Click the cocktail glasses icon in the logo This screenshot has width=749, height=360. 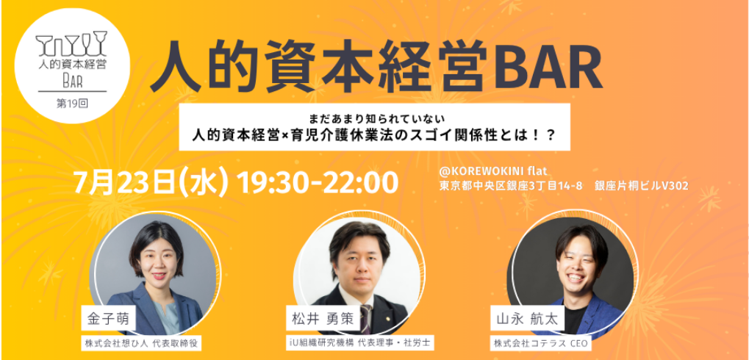pyautogui.click(x=71, y=43)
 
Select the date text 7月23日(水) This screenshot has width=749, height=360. pyautogui.click(x=151, y=182)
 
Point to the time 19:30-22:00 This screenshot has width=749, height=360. pyautogui.click(x=317, y=182)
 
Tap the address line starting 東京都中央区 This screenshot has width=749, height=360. pyautogui.click(x=564, y=186)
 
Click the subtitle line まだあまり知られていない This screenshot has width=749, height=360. pyautogui.click(x=375, y=116)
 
